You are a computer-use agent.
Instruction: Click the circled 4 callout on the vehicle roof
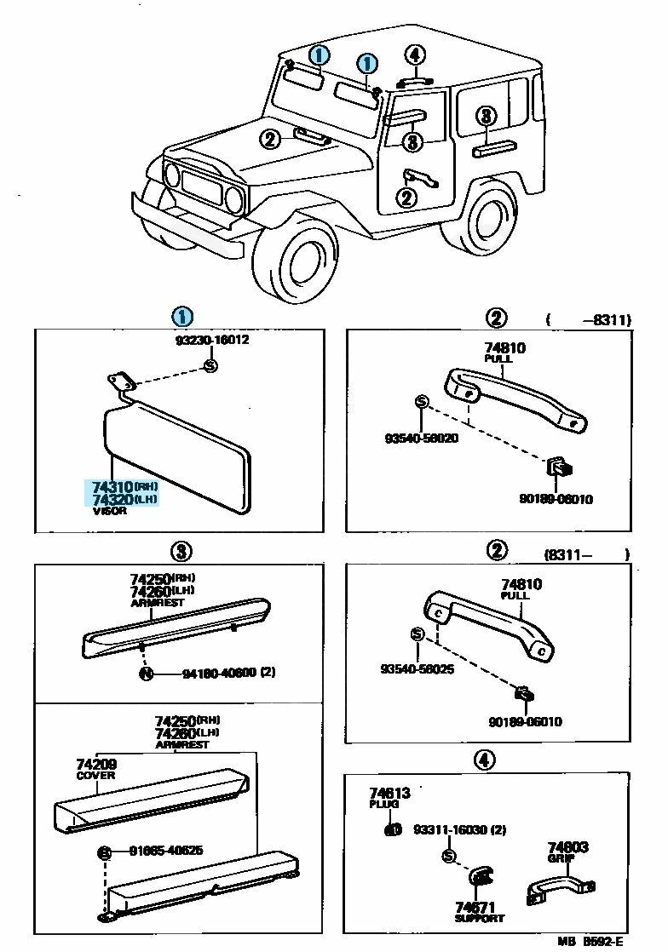[414, 55]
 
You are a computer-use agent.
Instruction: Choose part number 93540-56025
[417, 669]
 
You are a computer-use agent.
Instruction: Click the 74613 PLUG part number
[390, 794]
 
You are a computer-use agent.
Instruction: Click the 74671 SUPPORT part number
[475, 909]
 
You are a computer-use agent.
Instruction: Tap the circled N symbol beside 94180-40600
[146, 674]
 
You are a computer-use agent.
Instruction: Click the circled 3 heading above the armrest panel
[181, 551]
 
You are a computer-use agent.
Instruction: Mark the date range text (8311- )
[586, 553]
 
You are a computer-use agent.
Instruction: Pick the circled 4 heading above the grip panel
[483, 760]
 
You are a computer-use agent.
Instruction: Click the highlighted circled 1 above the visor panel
[181, 317]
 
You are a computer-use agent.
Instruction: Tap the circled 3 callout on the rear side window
[485, 117]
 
